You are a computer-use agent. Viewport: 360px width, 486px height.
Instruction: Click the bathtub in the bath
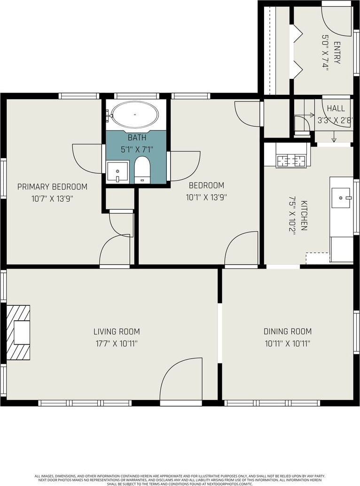pyautogui.click(x=135, y=115)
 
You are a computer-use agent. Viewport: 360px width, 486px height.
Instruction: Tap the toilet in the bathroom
pyautogui.click(x=142, y=170)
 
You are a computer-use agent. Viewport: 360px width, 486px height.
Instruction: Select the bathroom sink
pyautogui.click(x=117, y=172)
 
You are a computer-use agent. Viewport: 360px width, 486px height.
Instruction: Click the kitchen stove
pyautogui.click(x=291, y=161)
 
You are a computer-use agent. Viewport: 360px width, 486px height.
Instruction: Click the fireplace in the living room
pyautogui.click(x=18, y=332)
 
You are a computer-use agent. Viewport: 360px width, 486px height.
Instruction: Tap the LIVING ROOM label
pyautogui.click(x=117, y=332)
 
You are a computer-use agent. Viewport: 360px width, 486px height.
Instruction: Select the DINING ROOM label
pyautogui.click(x=287, y=332)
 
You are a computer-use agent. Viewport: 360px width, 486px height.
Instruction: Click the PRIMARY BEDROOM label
pyautogui.click(x=52, y=186)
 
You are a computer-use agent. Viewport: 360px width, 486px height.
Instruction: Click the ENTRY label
pyautogui.click(x=337, y=53)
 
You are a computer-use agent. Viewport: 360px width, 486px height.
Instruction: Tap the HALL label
pyautogui.click(x=336, y=108)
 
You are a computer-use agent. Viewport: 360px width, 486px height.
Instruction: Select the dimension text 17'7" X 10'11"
pyautogui.click(x=117, y=343)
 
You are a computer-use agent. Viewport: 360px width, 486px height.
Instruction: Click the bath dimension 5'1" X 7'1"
pyautogui.click(x=137, y=149)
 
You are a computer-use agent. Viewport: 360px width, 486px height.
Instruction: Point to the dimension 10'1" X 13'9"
pyautogui.click(x=206, y=197)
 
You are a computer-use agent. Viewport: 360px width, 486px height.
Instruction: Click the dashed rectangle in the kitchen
pyautogui.click(x=318, y=258)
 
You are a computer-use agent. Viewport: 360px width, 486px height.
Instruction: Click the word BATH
pyautogui.click(x=137, y=137)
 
